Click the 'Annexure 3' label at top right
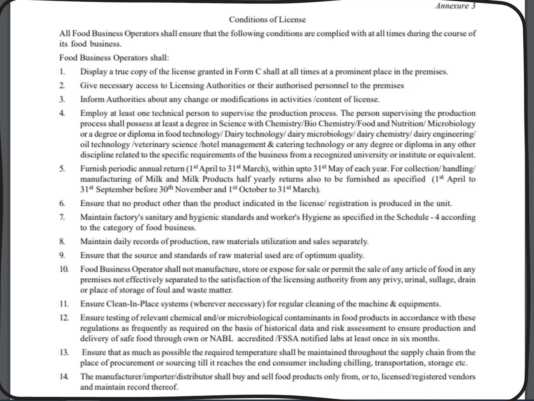pyautogui.click(x=455, y=6)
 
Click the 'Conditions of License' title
pyautogui.click(x=267, y=20)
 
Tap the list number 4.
pyautogui.click(x=62, y=113)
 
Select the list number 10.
pyautogui.click(x=64, y=269)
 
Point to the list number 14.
pyautogui.click(x=64, y=377)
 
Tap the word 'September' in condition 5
pyautogui.click(x=115, y=190)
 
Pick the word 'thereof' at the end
pyautogui.click(x=165, y=387)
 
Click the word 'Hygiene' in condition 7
pyautogui.click(x=317, y=217)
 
